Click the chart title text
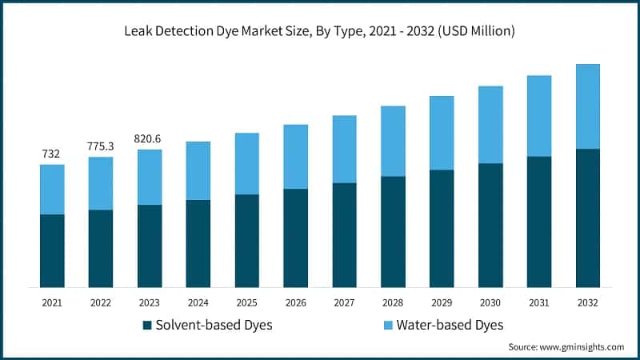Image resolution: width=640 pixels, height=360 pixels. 319,31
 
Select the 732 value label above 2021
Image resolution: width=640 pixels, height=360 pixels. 51,154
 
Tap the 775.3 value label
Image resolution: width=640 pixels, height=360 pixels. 100,146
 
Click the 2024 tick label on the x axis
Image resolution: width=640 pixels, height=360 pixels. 198,302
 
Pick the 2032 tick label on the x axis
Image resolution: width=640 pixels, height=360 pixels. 587,302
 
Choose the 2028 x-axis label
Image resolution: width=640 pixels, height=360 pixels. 393,302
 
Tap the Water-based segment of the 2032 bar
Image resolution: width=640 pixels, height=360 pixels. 588,106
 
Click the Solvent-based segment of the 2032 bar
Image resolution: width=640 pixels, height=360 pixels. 588,218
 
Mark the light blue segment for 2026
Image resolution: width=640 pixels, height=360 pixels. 295,157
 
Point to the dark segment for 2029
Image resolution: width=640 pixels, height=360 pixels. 442,228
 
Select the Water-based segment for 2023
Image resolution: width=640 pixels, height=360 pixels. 150,177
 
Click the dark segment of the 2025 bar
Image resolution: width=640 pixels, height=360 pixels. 246,240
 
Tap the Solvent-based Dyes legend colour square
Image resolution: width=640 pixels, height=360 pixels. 147,326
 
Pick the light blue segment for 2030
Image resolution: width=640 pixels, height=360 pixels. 490,125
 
